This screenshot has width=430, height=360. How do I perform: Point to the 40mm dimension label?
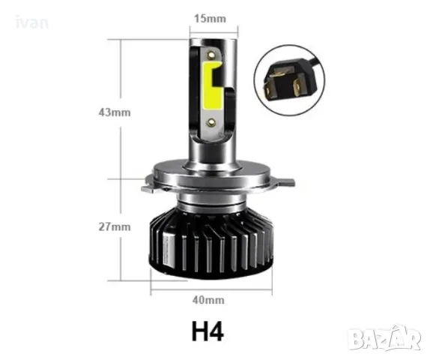[208, 300]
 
